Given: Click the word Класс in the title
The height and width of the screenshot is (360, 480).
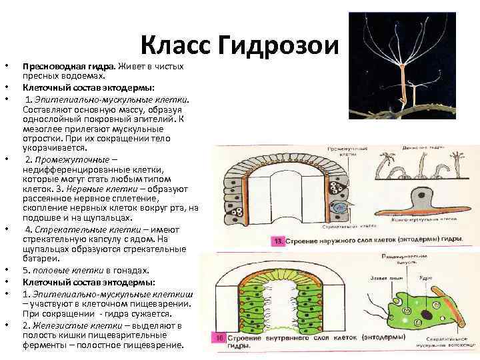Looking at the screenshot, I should (175, 47).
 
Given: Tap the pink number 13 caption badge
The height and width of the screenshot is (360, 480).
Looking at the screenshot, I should (279, 240).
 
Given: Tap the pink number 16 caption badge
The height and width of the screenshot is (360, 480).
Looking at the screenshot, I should (217, 339).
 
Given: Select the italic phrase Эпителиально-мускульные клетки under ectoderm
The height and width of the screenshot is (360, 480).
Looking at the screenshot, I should (110, 98).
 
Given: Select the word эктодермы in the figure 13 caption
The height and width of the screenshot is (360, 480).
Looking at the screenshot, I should (406, 240).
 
